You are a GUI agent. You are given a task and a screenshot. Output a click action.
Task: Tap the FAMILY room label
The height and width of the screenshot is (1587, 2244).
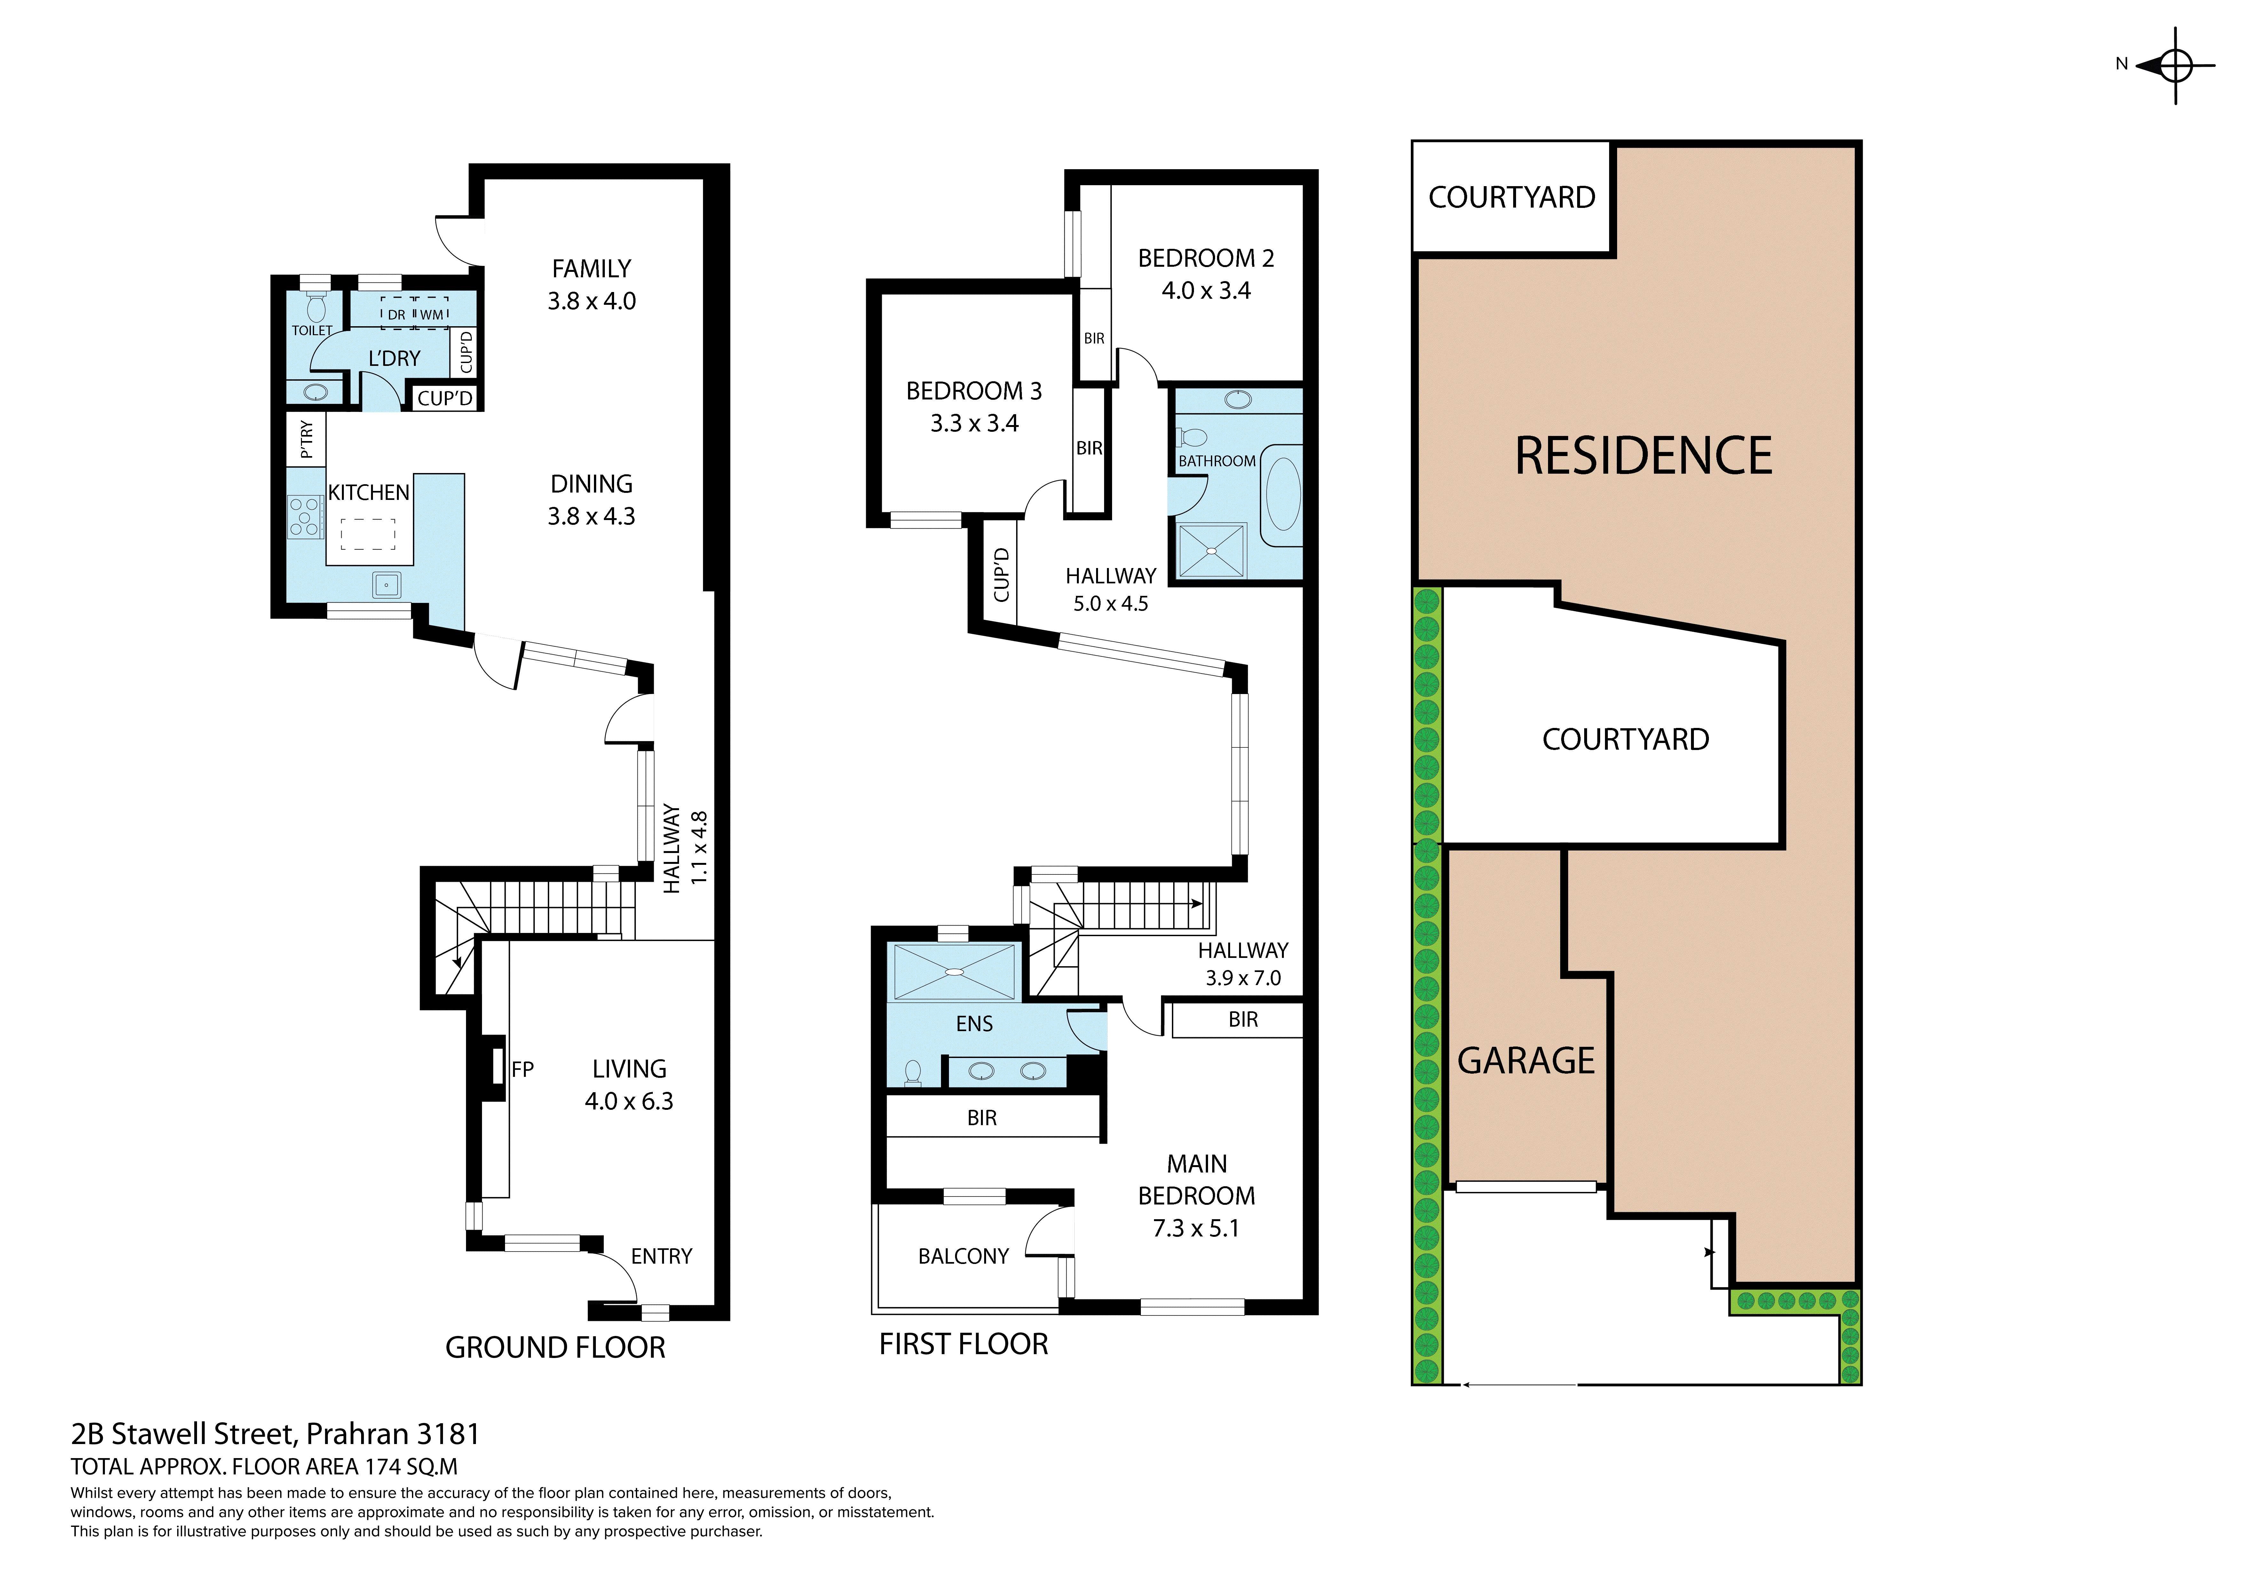tap(591, 269)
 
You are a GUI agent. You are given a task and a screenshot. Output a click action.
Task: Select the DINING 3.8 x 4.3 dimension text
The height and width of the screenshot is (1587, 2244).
tap(591, 516)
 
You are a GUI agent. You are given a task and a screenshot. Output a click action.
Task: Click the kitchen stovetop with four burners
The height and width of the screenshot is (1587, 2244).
tap(304, 517)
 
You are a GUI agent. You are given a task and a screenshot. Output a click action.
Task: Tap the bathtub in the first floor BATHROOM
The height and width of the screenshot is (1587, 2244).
tap(1282, 494)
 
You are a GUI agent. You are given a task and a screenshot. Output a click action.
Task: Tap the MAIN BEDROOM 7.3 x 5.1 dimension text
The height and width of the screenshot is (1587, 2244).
tap(1196, 1228)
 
